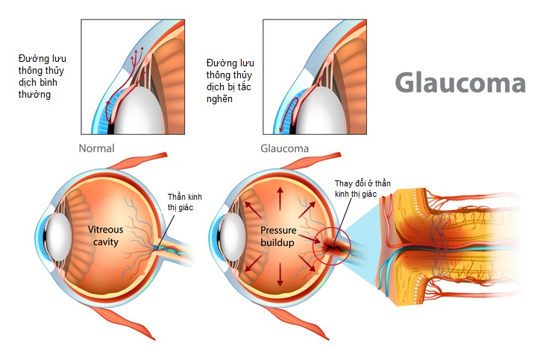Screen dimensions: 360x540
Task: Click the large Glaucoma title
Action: pyautogui.click(x=459, y=83)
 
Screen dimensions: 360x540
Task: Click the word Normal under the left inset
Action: pyautogui.click(x=97, y=148)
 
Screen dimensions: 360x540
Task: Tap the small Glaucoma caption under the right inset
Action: pyautogui.click(x=283, y=148)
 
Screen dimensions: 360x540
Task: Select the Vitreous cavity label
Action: pyautogui.click(x=107, y=236)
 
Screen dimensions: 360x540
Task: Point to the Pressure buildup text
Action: pyautogui.click(x=280, y=236)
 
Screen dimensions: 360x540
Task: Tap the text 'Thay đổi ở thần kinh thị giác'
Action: pyautogui.click(x=362, y=189)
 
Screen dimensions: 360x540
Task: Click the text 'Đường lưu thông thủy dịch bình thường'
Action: pyautogui.click(x=44, y=76)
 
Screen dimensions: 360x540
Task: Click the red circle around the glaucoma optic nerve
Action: pyautogui.click(x=330, y=245)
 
